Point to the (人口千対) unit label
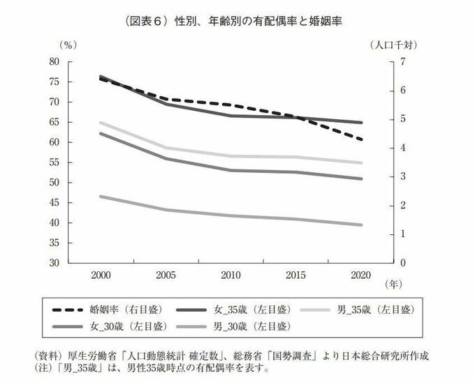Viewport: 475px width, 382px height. [x=395, y=45]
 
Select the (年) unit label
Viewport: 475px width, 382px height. [x=394, y=285]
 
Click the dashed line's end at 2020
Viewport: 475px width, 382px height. [x=360, y=140]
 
